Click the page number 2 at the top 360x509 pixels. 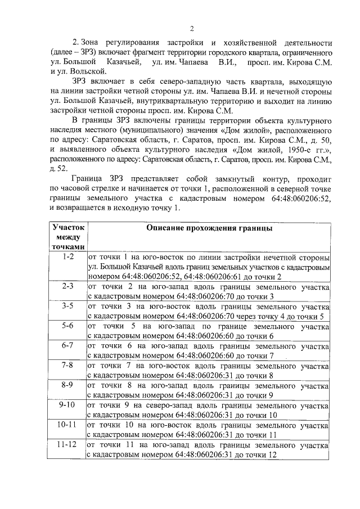point(191,29)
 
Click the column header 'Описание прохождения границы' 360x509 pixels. point(209,229)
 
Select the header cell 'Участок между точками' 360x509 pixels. point(68,237)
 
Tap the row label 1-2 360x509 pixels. point(68,256)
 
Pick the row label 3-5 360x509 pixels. point(68,306)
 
